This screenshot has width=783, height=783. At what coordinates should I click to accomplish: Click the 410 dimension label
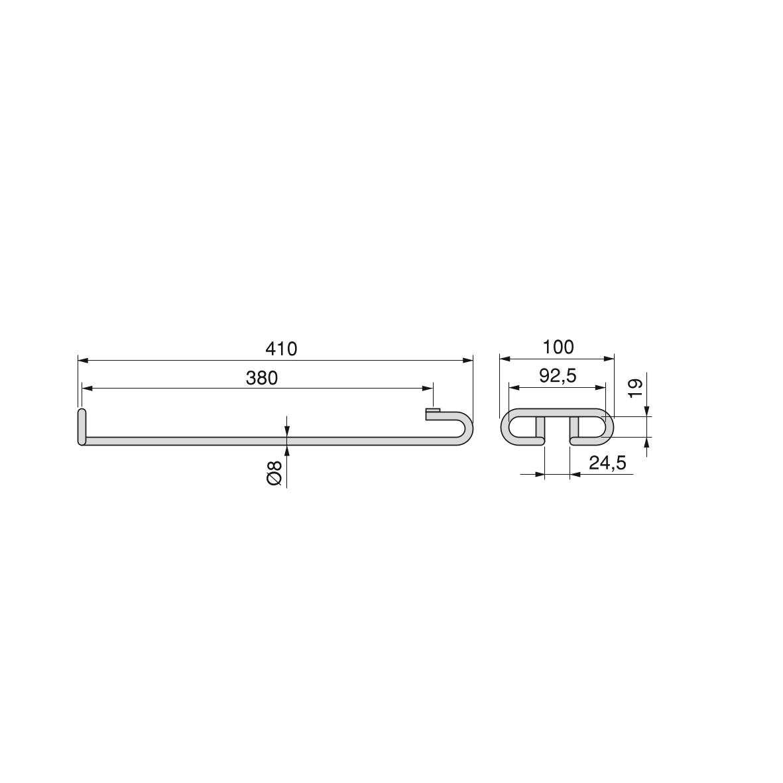click(281, 349)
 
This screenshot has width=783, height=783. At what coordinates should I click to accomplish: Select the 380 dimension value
click(262, 378)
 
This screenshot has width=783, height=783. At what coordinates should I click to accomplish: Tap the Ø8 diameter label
click(274, 473)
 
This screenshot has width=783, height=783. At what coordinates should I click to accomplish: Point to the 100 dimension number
click(558, 347)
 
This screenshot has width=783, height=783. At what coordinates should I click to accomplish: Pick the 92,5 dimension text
click(558, 375)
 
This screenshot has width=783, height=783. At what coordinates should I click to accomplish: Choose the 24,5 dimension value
click(607, 463)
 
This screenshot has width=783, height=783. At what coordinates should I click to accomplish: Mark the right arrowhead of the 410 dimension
click(467, 360)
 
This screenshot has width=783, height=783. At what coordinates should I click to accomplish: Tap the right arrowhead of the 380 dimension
click(428, 388)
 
